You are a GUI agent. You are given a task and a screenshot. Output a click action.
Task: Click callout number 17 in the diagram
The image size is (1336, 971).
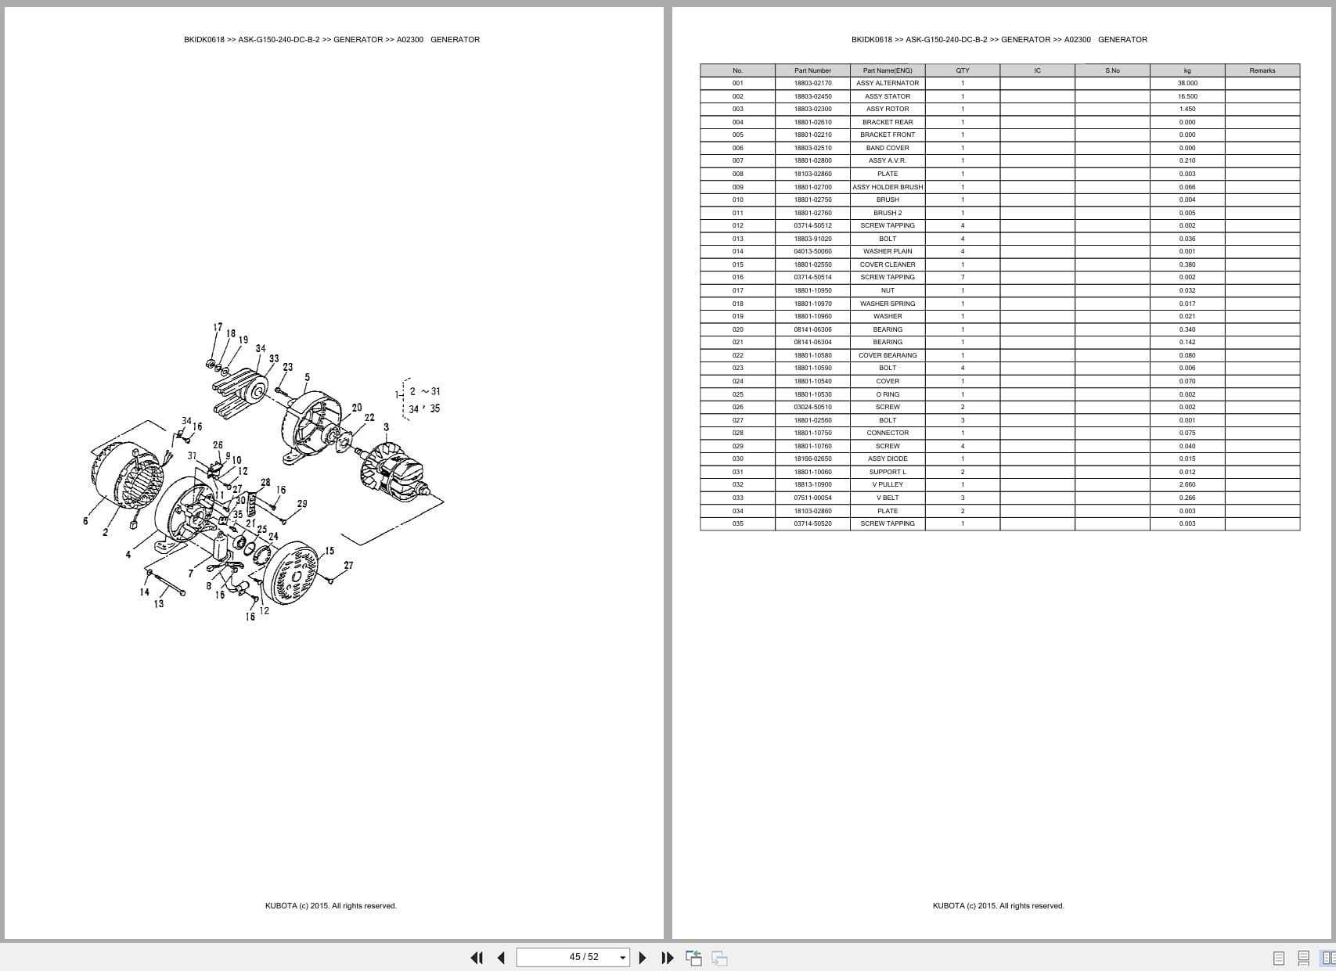pos(218,327)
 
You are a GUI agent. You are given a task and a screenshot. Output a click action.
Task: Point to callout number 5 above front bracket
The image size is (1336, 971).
pos(307,377)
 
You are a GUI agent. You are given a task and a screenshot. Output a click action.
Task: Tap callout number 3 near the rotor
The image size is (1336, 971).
pos(386,427)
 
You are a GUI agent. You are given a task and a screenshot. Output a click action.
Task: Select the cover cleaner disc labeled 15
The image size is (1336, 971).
pos(291,577)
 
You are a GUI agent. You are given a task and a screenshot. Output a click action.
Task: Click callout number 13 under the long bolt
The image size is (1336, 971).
pos(159,603)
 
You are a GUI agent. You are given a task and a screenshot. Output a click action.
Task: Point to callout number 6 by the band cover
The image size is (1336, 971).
pos(85,521)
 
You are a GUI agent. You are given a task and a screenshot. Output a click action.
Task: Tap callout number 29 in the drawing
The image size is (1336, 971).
pos(302,504)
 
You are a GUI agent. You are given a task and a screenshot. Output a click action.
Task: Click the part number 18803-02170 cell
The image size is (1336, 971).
pos(812,83)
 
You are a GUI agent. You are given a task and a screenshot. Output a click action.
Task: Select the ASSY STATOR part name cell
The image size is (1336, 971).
pos(887,96)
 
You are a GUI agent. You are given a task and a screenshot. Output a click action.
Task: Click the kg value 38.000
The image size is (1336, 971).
pos(1187,83)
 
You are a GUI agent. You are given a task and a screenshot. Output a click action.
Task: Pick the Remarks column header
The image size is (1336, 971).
pos(1262,70)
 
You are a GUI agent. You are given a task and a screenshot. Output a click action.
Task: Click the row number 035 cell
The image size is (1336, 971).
pos(737,523)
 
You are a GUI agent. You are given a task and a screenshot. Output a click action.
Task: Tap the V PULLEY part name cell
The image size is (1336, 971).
pos(887,484)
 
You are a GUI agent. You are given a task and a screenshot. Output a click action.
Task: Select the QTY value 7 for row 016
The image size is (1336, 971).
pos(962,277)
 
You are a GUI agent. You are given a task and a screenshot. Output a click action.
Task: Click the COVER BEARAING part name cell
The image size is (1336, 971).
pos(887,355)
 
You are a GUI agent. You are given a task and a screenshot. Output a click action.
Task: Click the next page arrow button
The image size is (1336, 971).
pos(643,957)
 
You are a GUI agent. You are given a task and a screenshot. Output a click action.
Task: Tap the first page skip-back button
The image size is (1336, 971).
pos(476,957)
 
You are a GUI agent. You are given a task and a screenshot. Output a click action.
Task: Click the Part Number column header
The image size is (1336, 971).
pos(812,70)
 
